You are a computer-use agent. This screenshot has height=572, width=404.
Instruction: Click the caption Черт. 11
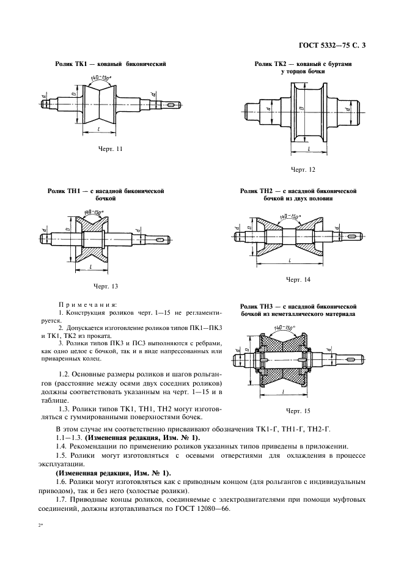click(x=111, y=148)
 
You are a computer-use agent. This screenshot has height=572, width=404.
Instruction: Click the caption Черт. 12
click(x=303, y=169)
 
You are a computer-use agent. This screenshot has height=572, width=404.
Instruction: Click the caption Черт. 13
click(x=105, y=285)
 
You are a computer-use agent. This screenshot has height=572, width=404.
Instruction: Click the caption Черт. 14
click(x=298, y=279)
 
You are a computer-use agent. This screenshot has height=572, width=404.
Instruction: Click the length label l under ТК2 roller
click(x=309, y=148)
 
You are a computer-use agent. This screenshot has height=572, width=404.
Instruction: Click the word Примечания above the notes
click(x=88, y=304)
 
